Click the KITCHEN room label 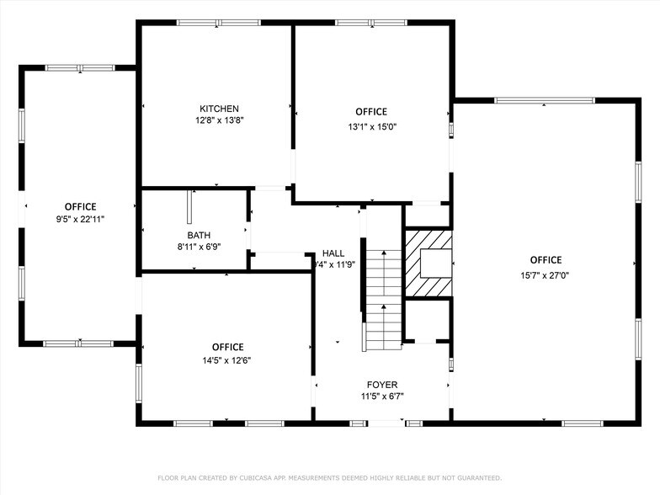[x=219, y=109]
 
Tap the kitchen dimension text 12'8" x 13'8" [x=219, y=120]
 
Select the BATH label [x=199, y=236]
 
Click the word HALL [x=333, y=253]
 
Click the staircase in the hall [x=383, y=299]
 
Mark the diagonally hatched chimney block [x=428, y=263]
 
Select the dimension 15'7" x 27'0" [x=546, y=274]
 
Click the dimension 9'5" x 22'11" [x=81, y=219]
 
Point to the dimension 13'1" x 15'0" [x=371, y=126]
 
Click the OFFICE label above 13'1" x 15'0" [x=371, y=112]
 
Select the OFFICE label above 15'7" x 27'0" [x=546, y=260]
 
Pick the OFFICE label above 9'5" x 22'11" [x=81, y=206]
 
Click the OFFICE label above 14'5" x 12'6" [x=227, y=347]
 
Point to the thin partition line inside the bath [x=189, y=206]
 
